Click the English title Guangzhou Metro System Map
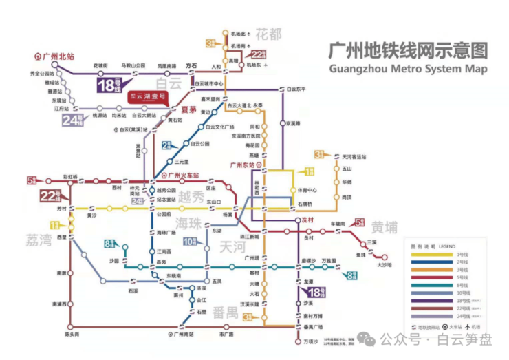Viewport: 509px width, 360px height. click(409, 69)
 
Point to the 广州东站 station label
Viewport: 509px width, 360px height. click(246, 165)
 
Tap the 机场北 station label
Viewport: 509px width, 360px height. click(239, 33)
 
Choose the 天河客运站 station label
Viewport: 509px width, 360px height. click(349, 157)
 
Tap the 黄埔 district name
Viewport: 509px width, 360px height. click(386, 229)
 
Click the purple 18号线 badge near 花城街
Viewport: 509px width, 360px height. click(108, 86)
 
